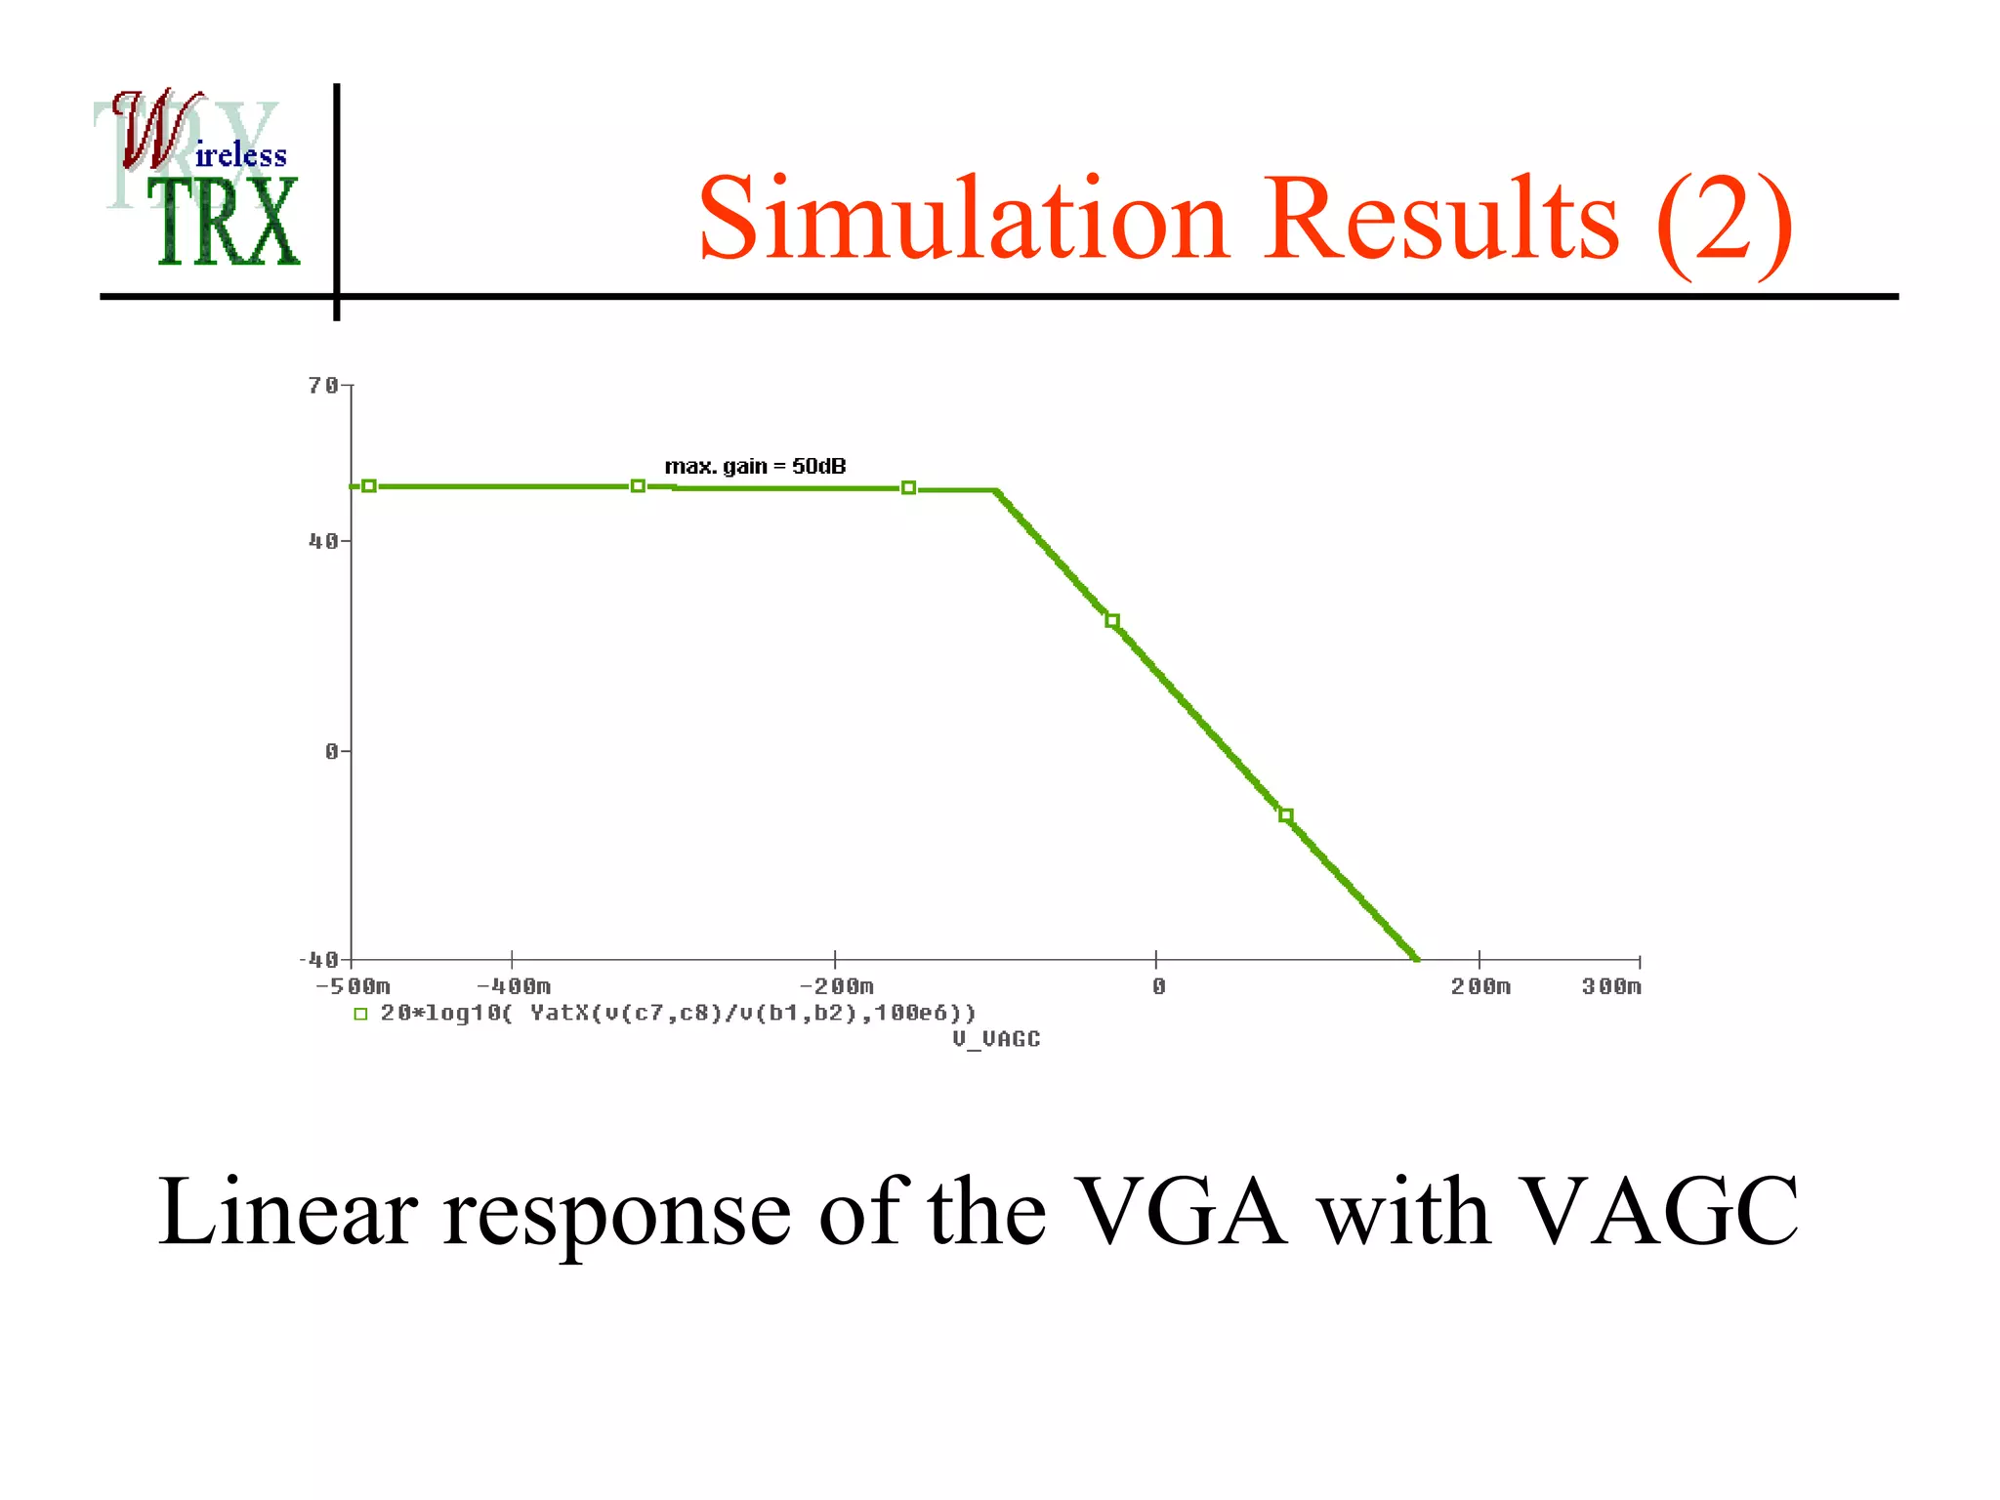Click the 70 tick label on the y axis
[x=323, y=386]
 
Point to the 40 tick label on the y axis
[x=323, y=541]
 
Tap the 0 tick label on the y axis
[x=332, y=751]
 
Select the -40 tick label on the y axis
[x=318, y=960]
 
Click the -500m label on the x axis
[x=353, y=986]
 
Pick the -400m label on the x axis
[x=514, y=986]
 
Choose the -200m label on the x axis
[x=836, y=986]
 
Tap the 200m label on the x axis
[x=1480, y=986]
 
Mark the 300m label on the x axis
[x=1611, y=986]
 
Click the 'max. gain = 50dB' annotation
[x=755, y=466]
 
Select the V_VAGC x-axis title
[x=996, y=1039]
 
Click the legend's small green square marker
[x=360, y=1014]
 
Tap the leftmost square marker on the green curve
[x=369, y=485]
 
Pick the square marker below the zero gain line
[x=1285, y=815]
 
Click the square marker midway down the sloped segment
[x=1111, y=621]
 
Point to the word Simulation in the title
[x=962, y=219]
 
